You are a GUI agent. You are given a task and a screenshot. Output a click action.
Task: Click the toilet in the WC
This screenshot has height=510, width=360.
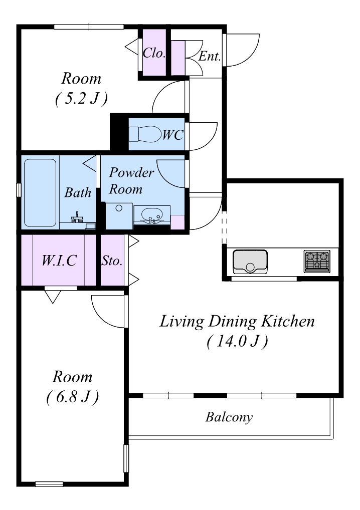pos(145,134)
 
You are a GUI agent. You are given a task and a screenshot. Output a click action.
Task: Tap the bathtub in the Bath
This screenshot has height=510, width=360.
pos(40,192)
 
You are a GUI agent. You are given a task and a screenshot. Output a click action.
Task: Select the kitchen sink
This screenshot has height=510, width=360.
pos(250,262)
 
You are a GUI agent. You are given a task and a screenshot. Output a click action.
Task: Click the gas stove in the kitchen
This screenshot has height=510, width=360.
pos(317,261)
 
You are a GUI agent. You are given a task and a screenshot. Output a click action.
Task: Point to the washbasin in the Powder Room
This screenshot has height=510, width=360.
pos(152,215)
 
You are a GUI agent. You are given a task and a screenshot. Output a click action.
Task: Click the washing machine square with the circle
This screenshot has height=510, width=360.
pos(119,216)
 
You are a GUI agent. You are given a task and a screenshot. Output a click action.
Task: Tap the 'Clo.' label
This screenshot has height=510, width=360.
pos(154,53)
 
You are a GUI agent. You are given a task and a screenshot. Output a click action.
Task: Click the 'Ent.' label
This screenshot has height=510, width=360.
pos(210,56)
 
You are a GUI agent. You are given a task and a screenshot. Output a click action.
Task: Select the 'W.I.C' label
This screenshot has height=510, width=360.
pos(59,260)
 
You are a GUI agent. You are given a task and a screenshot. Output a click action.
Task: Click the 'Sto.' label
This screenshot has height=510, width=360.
pos(112,261)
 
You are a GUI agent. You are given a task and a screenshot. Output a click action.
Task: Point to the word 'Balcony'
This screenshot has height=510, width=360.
pos(229,417)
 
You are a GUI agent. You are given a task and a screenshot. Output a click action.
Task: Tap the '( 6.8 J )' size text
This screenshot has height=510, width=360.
pos(73,396)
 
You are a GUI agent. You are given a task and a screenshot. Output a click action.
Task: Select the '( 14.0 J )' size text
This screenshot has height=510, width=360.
pos(237,341)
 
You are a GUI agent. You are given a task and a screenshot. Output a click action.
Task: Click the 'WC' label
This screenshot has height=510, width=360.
pos(173,135)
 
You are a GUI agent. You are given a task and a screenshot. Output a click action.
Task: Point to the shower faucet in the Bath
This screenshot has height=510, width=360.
pos(78,217)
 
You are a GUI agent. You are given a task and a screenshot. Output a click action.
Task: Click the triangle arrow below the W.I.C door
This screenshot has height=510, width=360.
pos(53,297)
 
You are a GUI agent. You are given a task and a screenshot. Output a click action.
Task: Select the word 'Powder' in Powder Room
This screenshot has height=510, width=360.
pos(131,172)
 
